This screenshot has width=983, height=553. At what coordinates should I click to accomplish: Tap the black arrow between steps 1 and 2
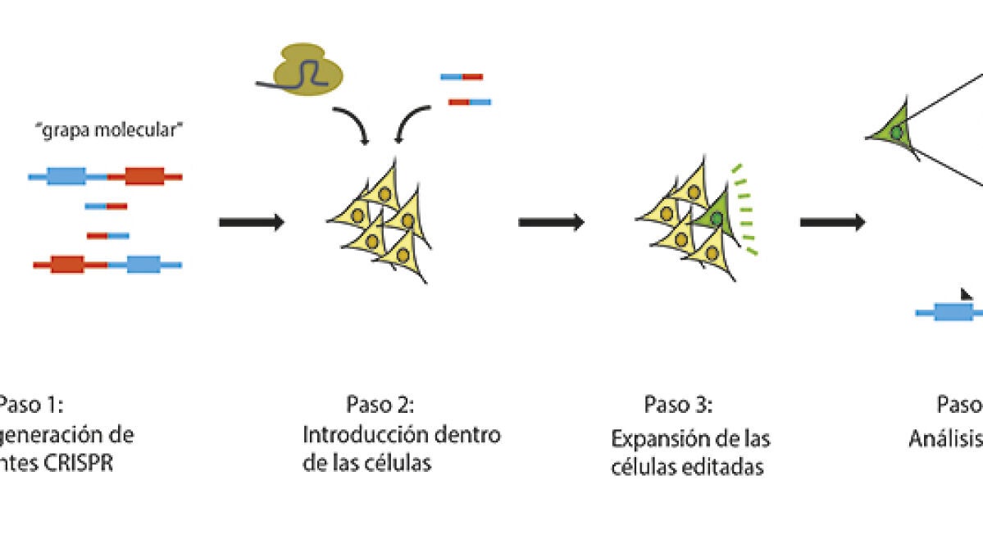click(x=251, y=222)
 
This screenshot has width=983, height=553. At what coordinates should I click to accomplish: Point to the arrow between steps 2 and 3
click(x=550, y=222)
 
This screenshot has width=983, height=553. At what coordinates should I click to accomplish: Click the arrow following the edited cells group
click(x=832, y=222)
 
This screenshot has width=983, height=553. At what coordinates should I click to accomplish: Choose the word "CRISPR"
click(x=81, y=463)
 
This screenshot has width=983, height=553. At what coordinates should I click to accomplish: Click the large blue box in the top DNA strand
click(x=66, y=176)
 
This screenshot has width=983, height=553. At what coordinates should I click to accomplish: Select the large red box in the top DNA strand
click(x=143, y=176)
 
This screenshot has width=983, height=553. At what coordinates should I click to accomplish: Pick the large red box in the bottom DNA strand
click(x=66, y=265)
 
